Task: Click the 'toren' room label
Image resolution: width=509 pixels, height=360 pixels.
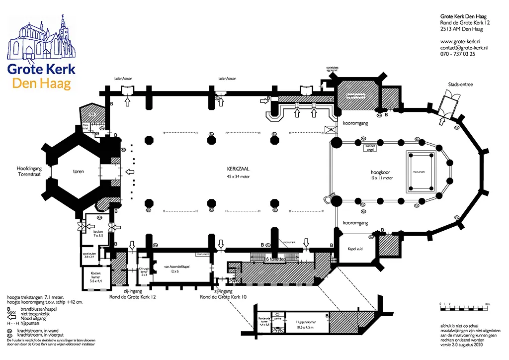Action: click(x=77, y=172)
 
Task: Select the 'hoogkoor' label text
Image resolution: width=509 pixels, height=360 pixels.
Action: click(x=381, y=173)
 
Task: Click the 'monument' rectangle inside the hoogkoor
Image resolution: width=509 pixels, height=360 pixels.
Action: click(x=419, y=172)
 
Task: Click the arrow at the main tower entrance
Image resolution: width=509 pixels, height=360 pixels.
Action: click(x=129, y=172)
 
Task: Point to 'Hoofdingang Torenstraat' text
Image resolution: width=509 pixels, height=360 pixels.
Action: click(x=30, y=172)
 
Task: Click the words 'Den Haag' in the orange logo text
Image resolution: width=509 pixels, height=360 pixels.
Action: click(x=42, y=84)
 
